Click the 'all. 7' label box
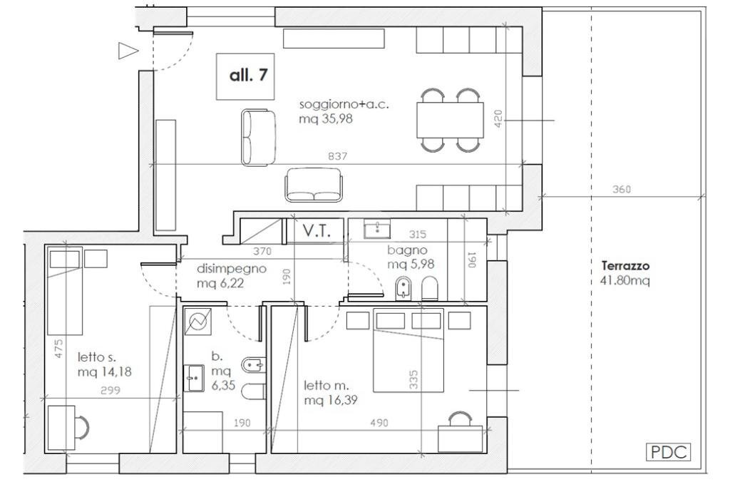245,76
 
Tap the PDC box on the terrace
669,452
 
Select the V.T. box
316,231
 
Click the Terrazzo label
625,266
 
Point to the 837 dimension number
337,156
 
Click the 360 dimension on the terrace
622,190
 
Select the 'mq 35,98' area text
326,119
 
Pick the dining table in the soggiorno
450,120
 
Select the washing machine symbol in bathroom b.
198,322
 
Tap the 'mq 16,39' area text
331,400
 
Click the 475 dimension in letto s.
58,348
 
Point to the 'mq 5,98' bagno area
411,265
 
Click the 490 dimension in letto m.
379,424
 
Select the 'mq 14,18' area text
104,371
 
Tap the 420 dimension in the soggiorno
498,119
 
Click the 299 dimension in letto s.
110,391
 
